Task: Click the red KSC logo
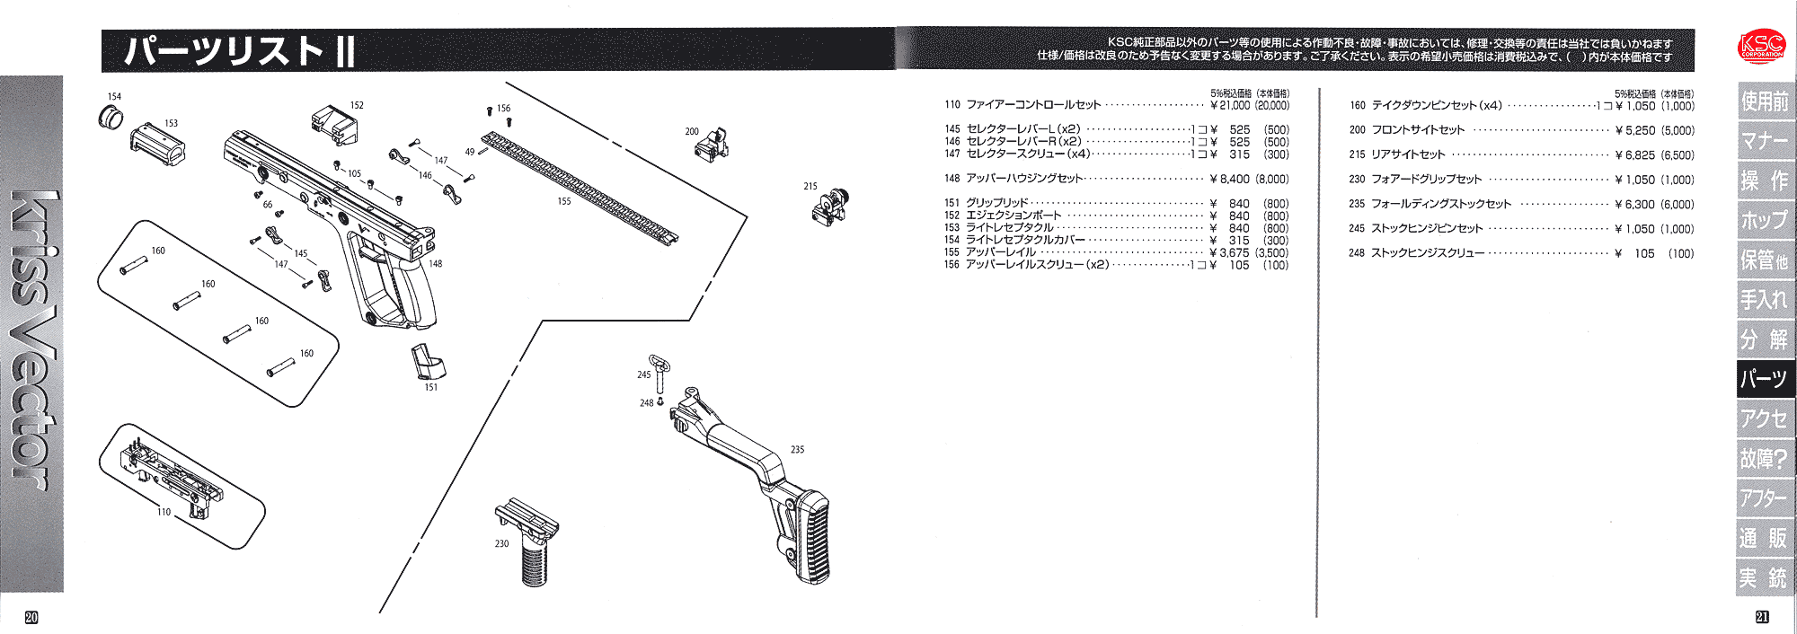[1761, 47]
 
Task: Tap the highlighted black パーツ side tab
[1765, 379]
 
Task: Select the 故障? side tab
[1765, 459]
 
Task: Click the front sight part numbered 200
[711, 144]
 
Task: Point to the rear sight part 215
[830, 208]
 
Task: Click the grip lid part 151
[428, 361]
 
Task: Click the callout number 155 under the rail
[564, 201]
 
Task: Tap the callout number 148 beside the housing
[436, 264]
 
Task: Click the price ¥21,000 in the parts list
[1230, 105]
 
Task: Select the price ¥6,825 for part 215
[1633, 154]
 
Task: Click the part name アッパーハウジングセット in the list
[1024, 179]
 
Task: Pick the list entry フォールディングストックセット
[1441, 204]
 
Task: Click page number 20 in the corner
[31, 617]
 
